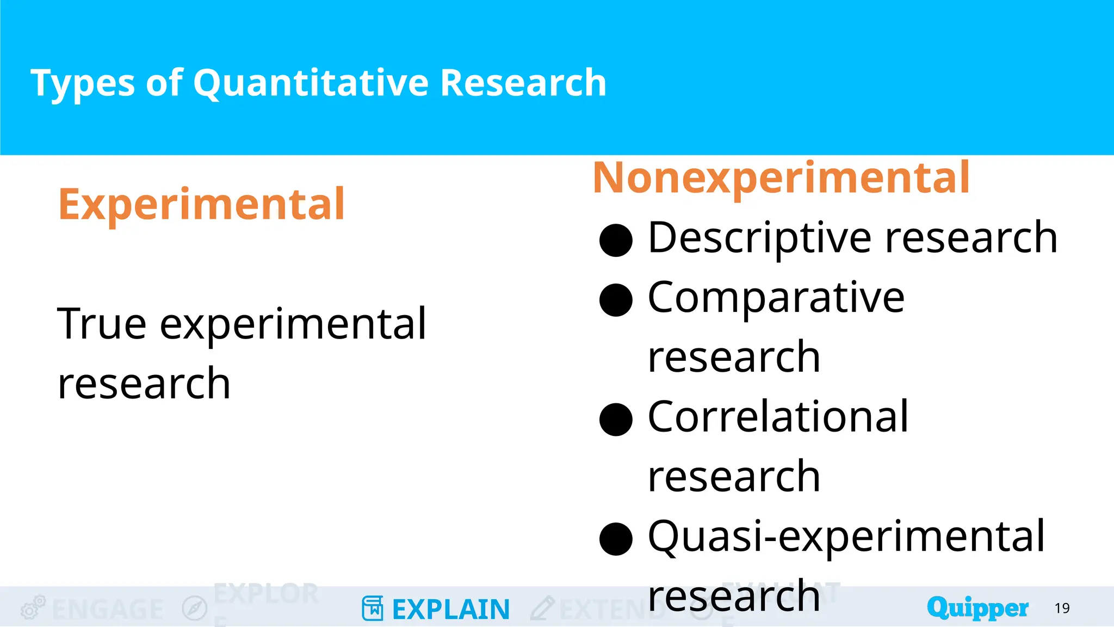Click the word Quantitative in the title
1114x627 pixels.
[x=311, y=83]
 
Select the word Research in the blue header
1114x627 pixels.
[x=523, y=83]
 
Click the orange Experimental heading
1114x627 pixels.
[x=202, y=205]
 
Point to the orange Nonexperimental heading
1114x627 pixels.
[x=781, y=178]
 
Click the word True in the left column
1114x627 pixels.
[x=102, y=324]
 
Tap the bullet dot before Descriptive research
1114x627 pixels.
[x=616, y=240]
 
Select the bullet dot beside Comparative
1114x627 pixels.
[x=616, y=300]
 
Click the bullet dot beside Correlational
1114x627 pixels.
[x=616, y=420]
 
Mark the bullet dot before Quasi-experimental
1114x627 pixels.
[x=616, y=539]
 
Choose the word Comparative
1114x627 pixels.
[x=776, y=298]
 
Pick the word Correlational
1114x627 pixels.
[x=778, y=417]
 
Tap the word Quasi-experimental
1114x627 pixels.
[x=846, y=537]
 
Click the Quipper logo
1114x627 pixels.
[x=977, y=608]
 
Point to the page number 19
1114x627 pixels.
[x=1062, y=608]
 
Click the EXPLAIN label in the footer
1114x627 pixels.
[x=451, y=610]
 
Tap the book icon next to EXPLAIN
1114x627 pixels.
[x=373, y=608]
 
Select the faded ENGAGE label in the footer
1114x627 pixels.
[x=108, y=610]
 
